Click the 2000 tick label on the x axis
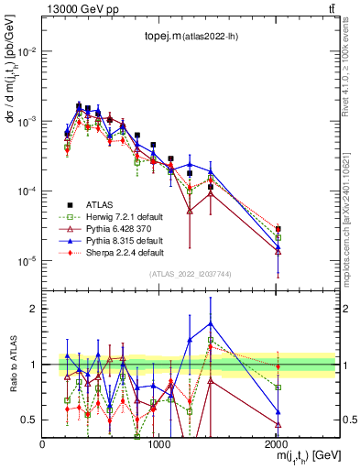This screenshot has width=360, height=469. click(x=277, y=444)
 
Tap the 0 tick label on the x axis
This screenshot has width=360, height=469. click(x=42, y=444)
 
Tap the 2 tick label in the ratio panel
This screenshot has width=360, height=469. click(x=33, y=309)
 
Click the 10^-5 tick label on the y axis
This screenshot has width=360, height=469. click(x=27, y=261)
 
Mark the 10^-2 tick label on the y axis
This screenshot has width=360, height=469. click(x=27, y=51)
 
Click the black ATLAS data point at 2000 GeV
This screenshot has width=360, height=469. click(x=278, y=229)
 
